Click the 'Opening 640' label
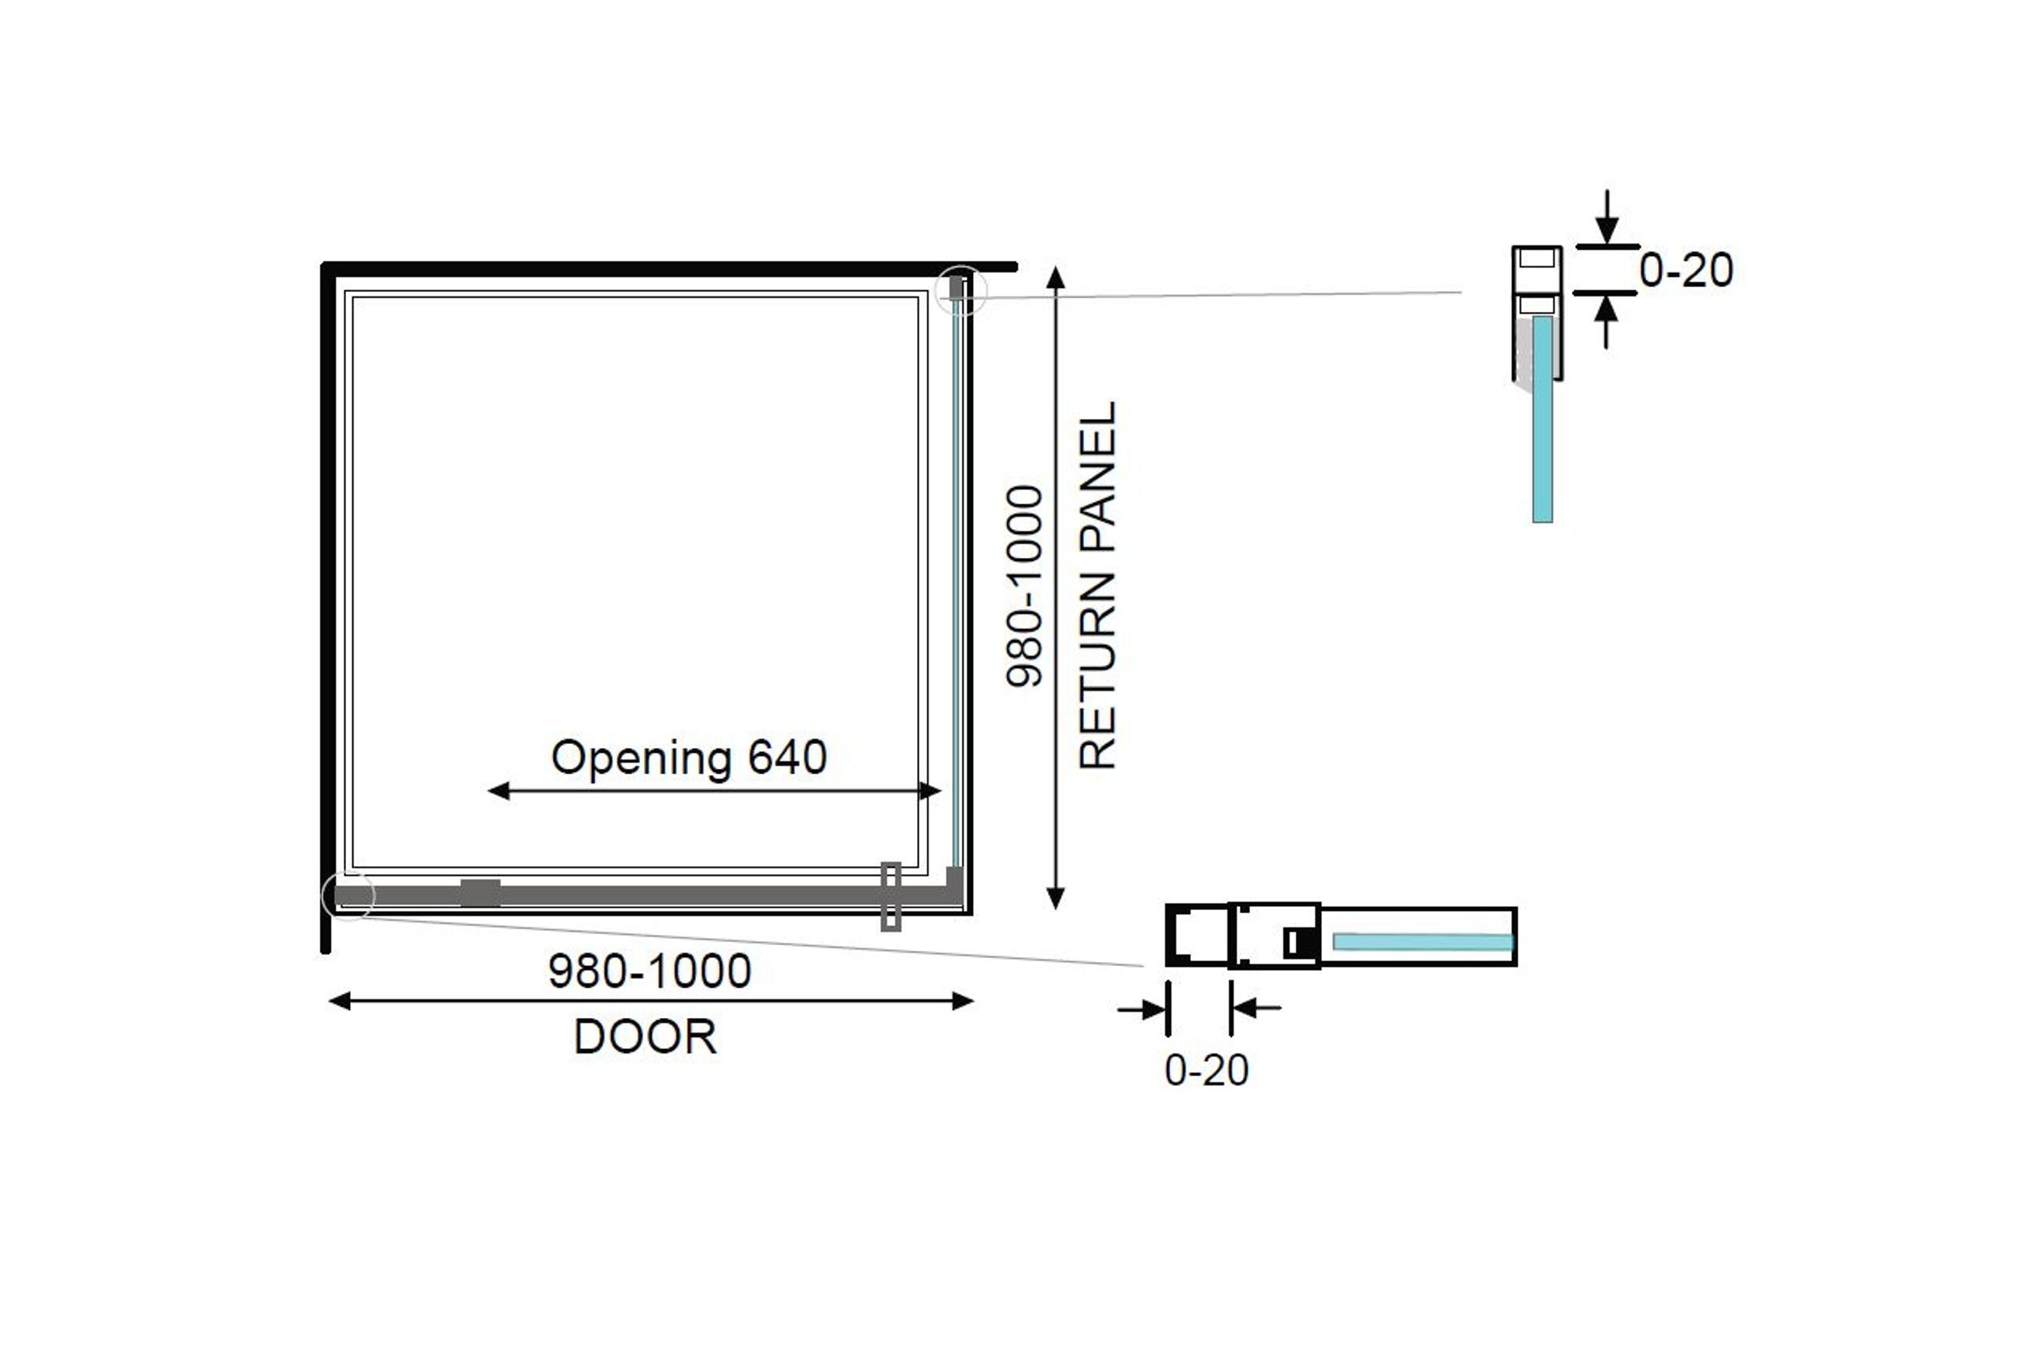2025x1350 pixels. [689, 759]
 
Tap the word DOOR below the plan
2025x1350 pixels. [645, 1037]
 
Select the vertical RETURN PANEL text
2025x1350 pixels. [1098, 586]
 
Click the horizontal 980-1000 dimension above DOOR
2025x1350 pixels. [650, 971]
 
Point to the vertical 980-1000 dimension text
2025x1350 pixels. [1025, 587]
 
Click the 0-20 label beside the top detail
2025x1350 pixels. [1686, 270]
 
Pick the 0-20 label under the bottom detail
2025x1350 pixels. [1206, 1070]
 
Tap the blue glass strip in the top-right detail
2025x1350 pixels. [1542, 419]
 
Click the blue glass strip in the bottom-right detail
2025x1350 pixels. [1423, 942]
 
